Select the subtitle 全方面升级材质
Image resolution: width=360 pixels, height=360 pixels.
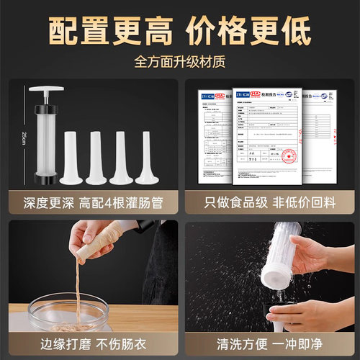180,63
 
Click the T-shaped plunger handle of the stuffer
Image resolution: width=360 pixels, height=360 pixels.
47,91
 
